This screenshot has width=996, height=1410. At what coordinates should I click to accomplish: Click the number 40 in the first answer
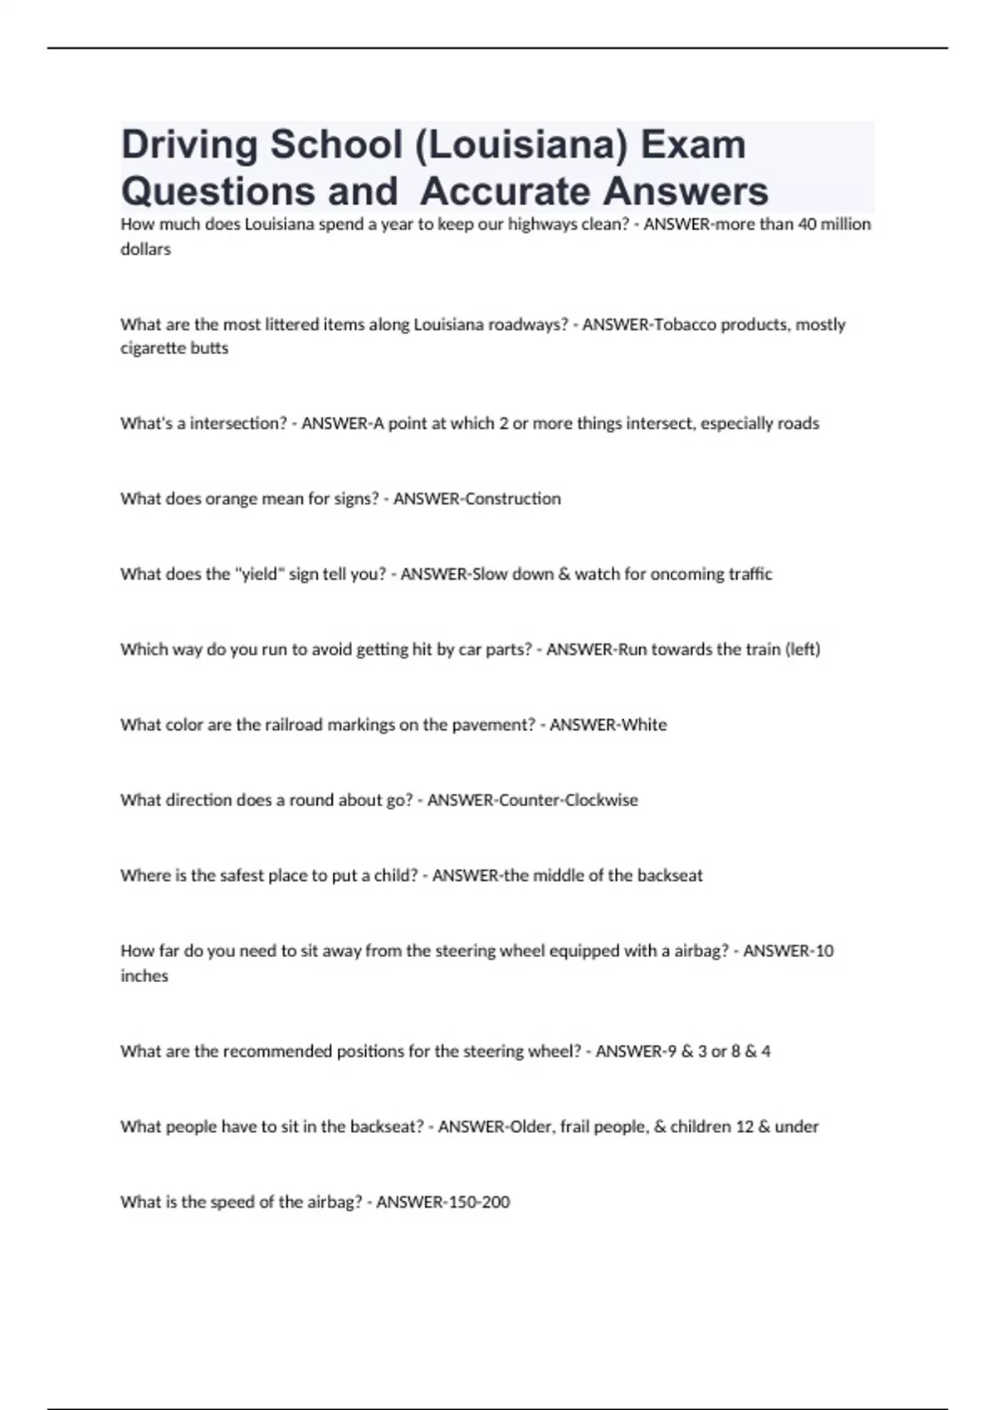point(807,224)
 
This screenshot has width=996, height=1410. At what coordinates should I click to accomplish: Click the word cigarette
point(154,348)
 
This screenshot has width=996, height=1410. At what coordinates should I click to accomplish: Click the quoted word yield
point(258,574)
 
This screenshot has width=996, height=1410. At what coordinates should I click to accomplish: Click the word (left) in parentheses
point(803,649)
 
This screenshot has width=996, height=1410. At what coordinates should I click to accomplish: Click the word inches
point(144,976)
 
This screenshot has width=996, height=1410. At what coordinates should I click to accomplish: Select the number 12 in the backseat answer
point(745,1126)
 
